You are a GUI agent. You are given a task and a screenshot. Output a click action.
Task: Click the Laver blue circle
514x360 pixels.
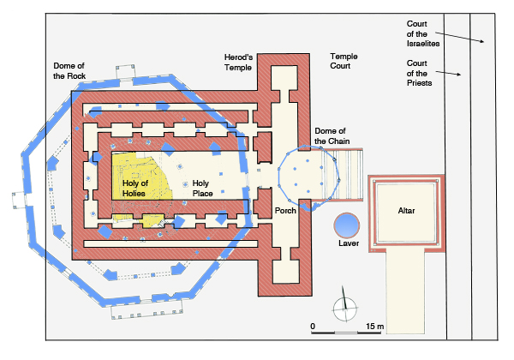point(347,225)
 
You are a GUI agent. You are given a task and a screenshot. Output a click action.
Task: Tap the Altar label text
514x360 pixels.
point(406,210)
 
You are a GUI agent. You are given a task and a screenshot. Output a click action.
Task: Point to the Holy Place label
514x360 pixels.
point(201,189)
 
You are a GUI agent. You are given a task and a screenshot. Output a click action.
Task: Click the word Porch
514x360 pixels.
point(285,209)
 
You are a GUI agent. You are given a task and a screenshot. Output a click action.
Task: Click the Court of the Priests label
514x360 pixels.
point(423,73)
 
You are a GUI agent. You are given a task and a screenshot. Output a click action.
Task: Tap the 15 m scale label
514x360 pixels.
point(374,327)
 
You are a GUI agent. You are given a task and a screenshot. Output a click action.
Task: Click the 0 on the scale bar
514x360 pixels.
point(313,327)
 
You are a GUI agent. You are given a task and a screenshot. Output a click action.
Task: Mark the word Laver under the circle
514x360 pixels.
point(347,245)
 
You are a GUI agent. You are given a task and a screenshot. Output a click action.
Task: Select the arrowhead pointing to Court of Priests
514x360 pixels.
point(462,76)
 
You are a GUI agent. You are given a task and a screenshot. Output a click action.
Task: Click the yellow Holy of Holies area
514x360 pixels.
point(137,171)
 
